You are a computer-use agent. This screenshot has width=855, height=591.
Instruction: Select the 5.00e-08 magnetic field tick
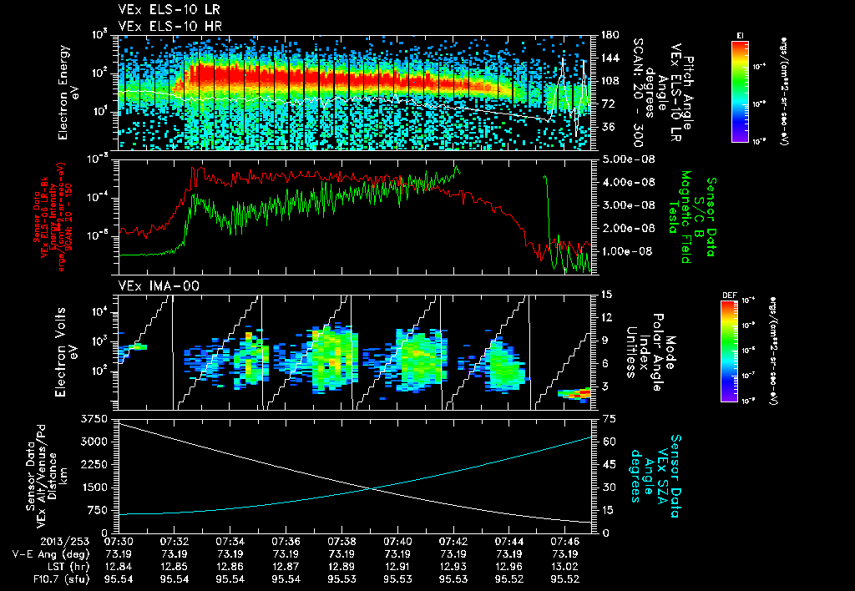pos(622,159)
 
